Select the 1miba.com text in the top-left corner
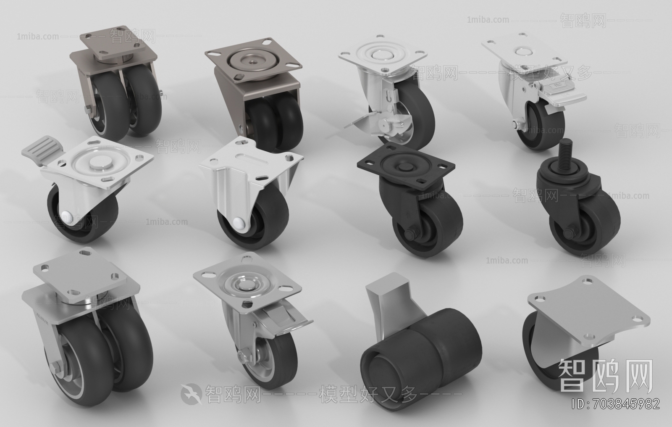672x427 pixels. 38,37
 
